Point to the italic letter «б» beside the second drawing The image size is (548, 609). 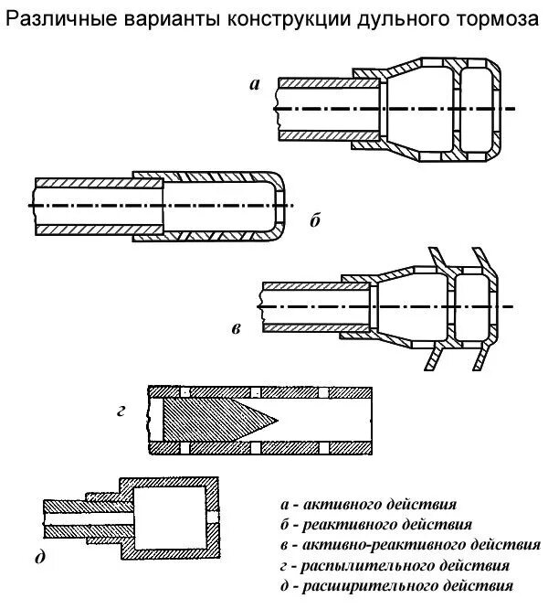point(315,220)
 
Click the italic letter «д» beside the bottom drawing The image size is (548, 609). point(39,557)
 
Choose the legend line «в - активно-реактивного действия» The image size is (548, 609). point(409,545)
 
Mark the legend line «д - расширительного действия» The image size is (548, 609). point(398,585)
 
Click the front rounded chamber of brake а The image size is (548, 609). point(479,108)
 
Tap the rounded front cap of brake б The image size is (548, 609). point(275,206)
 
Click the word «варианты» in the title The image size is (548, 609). point(153,19)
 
